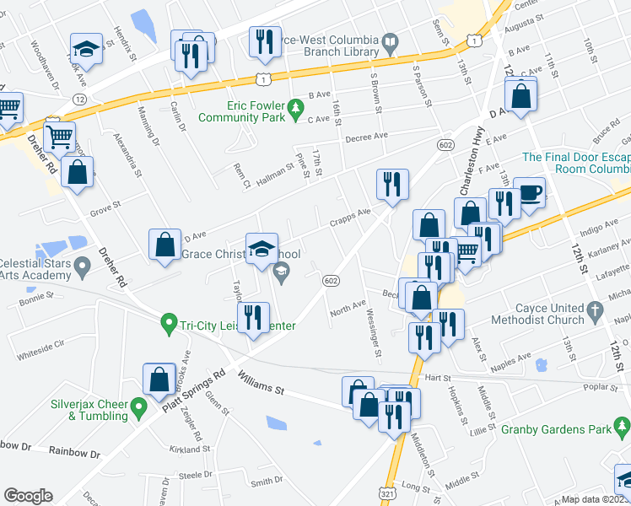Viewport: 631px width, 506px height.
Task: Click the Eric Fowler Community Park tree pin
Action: coord(295,107)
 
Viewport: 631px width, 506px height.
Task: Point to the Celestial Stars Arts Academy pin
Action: coord(82,268)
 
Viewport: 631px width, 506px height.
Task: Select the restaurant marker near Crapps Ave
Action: coord(392,184)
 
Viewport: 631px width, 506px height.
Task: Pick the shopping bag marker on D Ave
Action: coord(165,245)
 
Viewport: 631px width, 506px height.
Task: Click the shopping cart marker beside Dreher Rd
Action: coord(59,136)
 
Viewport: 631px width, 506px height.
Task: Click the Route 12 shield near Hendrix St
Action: coord(79,99)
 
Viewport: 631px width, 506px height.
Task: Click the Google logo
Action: coord(29,496)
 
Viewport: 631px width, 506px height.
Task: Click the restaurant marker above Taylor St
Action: coord(253,318)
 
